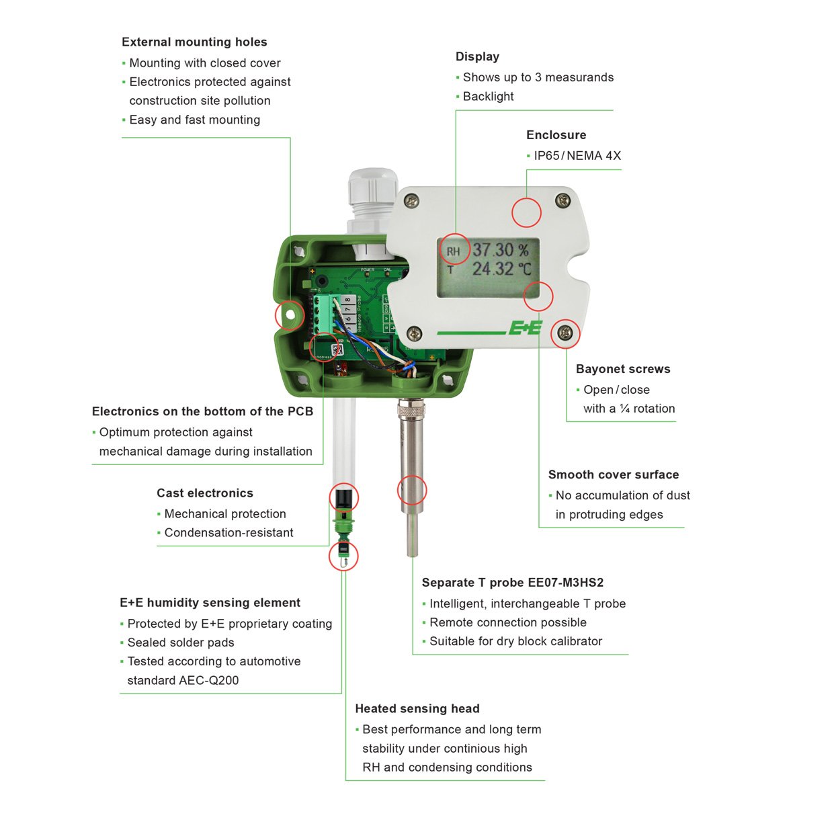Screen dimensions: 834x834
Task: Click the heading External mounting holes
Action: click(194, 42)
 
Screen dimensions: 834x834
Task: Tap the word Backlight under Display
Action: click(488, 97)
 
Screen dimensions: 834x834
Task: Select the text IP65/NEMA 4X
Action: click(577, 156)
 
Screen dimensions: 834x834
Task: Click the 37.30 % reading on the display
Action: click(500, 250)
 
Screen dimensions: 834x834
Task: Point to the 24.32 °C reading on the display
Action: click(501, 269)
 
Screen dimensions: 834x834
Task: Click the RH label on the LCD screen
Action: click(454, 251)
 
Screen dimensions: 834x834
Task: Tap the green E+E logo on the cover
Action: click(525, 328)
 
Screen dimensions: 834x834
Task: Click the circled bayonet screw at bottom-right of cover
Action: click(565, 333)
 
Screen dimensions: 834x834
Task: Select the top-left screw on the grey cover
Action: click(411, 200)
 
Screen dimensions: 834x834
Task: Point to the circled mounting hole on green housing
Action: click(290, 315)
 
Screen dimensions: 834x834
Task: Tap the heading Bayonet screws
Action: click(623, 369)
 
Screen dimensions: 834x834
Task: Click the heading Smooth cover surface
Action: click(613, 474)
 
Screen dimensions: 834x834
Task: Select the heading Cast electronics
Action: click(205, 493)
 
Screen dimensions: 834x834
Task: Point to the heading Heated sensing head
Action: click(417, 709)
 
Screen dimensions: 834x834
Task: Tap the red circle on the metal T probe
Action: click(412, 490)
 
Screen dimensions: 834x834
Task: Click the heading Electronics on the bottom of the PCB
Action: click(202, 411)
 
